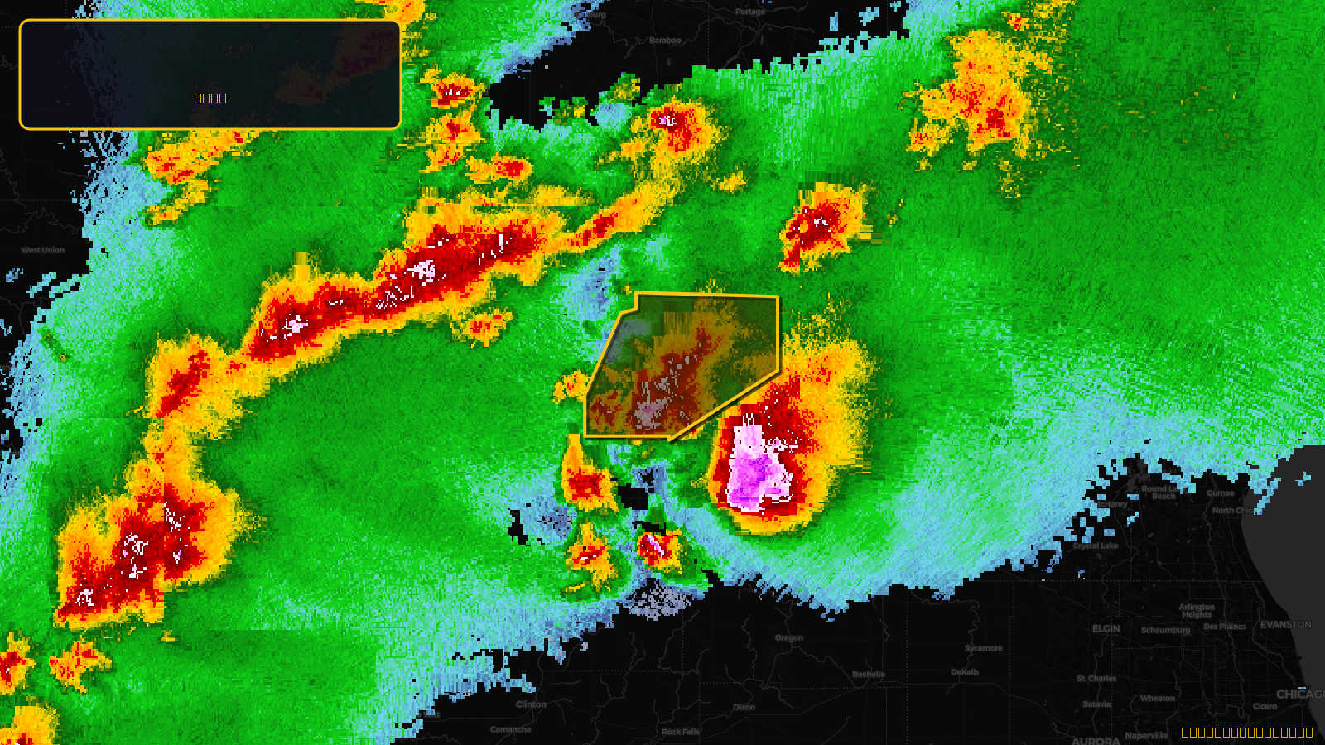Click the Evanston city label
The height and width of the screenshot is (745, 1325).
click(x=1285, y=625)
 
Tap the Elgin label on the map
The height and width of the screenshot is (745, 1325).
click(x=1106, y=629)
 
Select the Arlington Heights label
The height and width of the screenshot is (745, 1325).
click(x=1197, y=611)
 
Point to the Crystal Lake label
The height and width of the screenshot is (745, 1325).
click(x=1096, y=546)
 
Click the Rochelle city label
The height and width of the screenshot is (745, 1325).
click(x=869, y=675)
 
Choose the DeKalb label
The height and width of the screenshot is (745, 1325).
click(x=965, y=672)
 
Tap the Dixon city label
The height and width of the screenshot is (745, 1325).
click(x=744, y=707)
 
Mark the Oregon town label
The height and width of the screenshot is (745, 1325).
click(x=789, y=637)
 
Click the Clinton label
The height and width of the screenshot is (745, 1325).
click(x=531, y=704)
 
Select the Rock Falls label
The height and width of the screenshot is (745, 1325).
click(x=681, y=732)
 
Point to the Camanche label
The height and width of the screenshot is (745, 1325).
click(x=510, y=729)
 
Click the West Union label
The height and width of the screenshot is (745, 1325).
click(x=43, y=250)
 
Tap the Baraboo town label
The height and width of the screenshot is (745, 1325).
click(x=665, y=41)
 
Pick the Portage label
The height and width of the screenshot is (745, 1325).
click(x=750, y=12)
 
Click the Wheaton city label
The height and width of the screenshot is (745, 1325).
click(x=1157, y=698)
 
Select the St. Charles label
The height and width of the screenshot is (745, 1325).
click(x=1096, y=679)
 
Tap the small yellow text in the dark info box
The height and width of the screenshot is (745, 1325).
click(x=210, y=98)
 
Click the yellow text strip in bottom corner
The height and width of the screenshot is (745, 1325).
click(x=1246, y=733)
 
